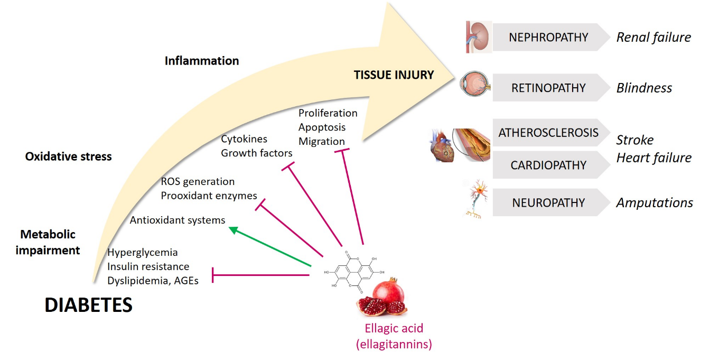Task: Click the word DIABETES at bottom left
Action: pyautogui.click(x=88, y=305)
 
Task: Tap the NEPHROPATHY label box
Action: pyautogui.click(x=548, y=37)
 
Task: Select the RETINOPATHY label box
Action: pyautogui.click(x=548, y=88)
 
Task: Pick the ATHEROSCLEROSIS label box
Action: pyautogui.click(x=548, y=132)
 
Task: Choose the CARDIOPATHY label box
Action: pyautogui.click(x=548, y=165)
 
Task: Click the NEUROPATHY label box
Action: pyautogui.click(x=548, y=202)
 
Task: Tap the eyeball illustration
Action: pyautogui.click(x=474, y=85)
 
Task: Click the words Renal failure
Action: pyautogui.click(x=654, y=37)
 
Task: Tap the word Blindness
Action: pyautogui.click(x=644, y=88)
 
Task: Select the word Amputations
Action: pyautogui.click(x=655, y=202)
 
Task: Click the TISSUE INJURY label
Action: pyautogui.click(x=394, y=75)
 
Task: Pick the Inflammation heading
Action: pyautogui.click(x=202, y=61)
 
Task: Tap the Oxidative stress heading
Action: pyautogui.click(x=69, y=156)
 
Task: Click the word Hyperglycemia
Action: pyautogui.click(x=143, y=252)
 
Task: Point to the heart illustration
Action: pyautogui.click(x=442, y=146)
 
